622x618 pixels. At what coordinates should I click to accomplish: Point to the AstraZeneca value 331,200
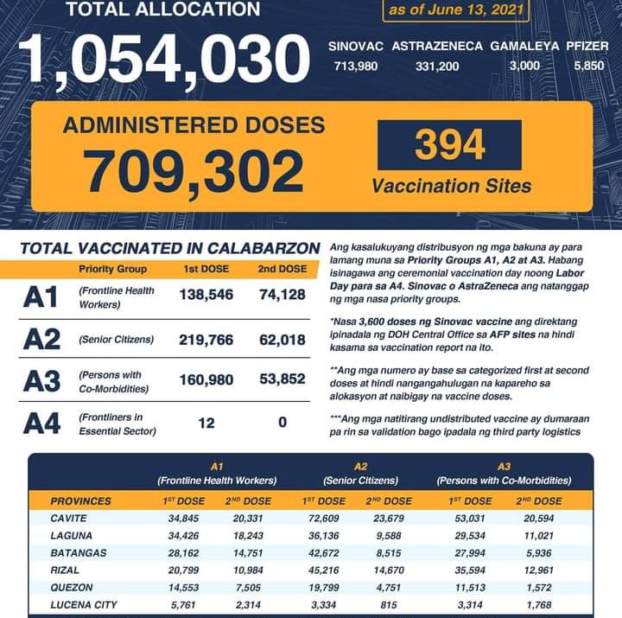436,66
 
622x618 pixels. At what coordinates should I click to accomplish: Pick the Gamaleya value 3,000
524,66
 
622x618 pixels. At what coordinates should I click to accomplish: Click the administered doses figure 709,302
194,171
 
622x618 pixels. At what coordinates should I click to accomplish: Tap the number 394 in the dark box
449,145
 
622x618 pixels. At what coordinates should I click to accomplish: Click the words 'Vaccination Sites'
451,185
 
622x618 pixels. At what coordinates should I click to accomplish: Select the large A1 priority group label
41,297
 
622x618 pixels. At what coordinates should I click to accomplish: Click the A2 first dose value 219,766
206,340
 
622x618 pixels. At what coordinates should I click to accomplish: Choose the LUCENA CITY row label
83,604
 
